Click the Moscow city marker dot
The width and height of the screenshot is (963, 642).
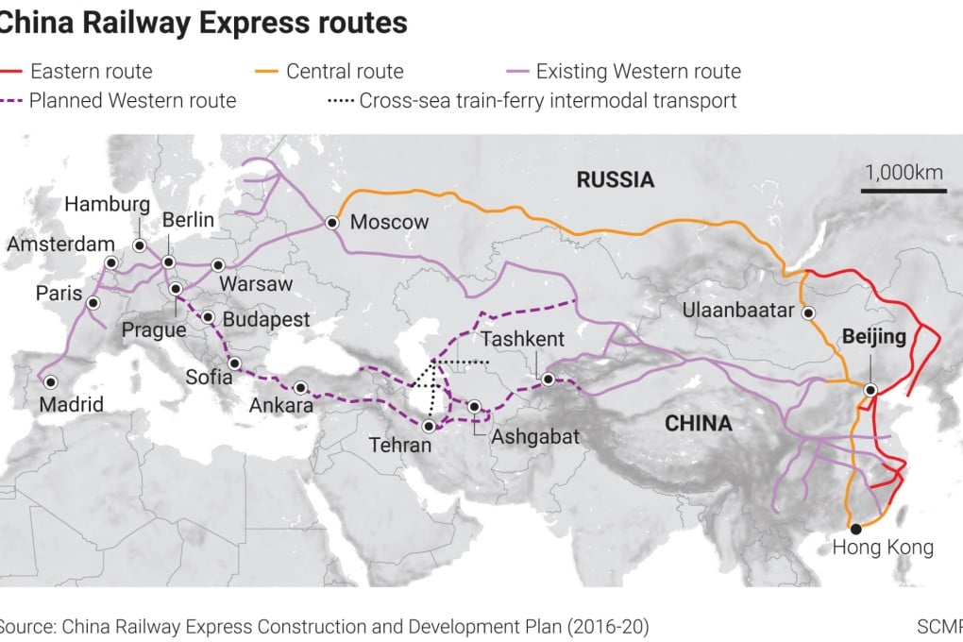tap(332, 223)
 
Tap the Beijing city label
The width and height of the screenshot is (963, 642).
tap(873, 337)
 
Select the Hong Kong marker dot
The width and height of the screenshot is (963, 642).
tap(855, 529)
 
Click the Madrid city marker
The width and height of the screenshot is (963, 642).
tap(51, 381)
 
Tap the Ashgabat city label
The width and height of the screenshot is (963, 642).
tap(534, 437)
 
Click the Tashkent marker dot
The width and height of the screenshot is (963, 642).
tap(549, 379)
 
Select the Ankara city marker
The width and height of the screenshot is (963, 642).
tap(300, 387)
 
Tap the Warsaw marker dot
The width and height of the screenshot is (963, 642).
tap(218, 265)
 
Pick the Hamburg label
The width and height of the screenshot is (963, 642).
tap(108, 205)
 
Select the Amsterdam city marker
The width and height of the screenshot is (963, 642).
tap(111, 262)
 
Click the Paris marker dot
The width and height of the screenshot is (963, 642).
tap(93, 303)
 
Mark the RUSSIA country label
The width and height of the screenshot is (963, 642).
tap(616, 179)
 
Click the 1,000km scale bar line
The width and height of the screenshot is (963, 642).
tap(903, 192)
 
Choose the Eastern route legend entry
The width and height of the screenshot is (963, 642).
tap(77, 71)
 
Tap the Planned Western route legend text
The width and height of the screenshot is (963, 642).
tap(132, 100)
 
